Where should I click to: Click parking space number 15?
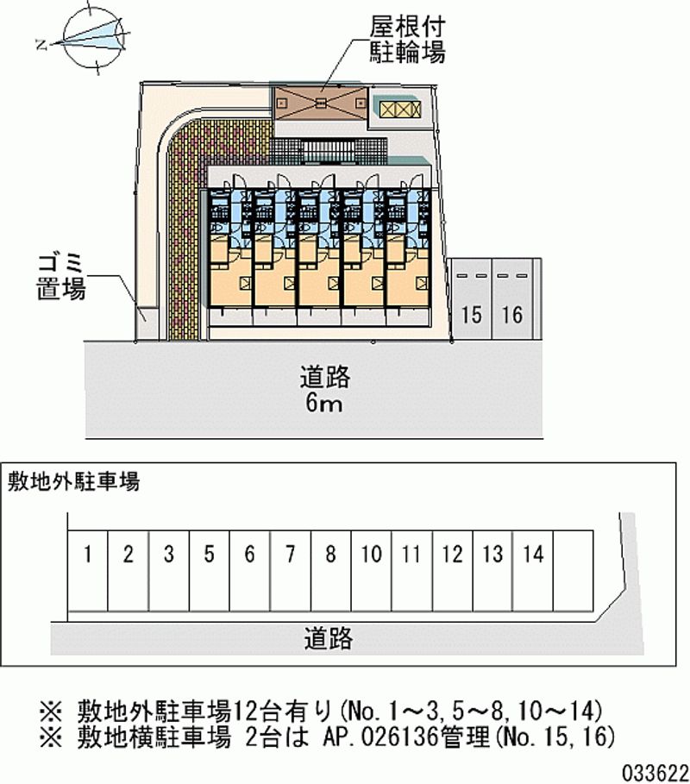pos(471,299)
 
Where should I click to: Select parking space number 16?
pos(512,299)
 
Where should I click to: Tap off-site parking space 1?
pos(88,570)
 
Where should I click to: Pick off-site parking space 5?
pos(210,570)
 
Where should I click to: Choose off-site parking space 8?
pos(331,570)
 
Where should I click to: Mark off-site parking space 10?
pos(372,570)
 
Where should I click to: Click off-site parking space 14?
pos(533,570)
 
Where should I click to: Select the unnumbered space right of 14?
pos(574,570)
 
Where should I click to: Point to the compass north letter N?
pos(42,46)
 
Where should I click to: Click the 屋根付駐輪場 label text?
pos(407,39)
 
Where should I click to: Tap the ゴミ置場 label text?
pos(61,277)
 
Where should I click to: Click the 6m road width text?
pos(324,403)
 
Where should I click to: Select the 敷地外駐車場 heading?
pos(73,481)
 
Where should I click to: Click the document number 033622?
pos(655,773)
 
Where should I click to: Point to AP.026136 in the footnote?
pos(381,737)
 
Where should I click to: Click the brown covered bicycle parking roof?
pos(321,103)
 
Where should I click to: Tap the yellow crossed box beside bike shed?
pos(399,109)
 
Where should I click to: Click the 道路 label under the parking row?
pos(329,638)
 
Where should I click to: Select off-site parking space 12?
pos(453,570)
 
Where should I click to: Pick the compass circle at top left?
pos(93,38)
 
